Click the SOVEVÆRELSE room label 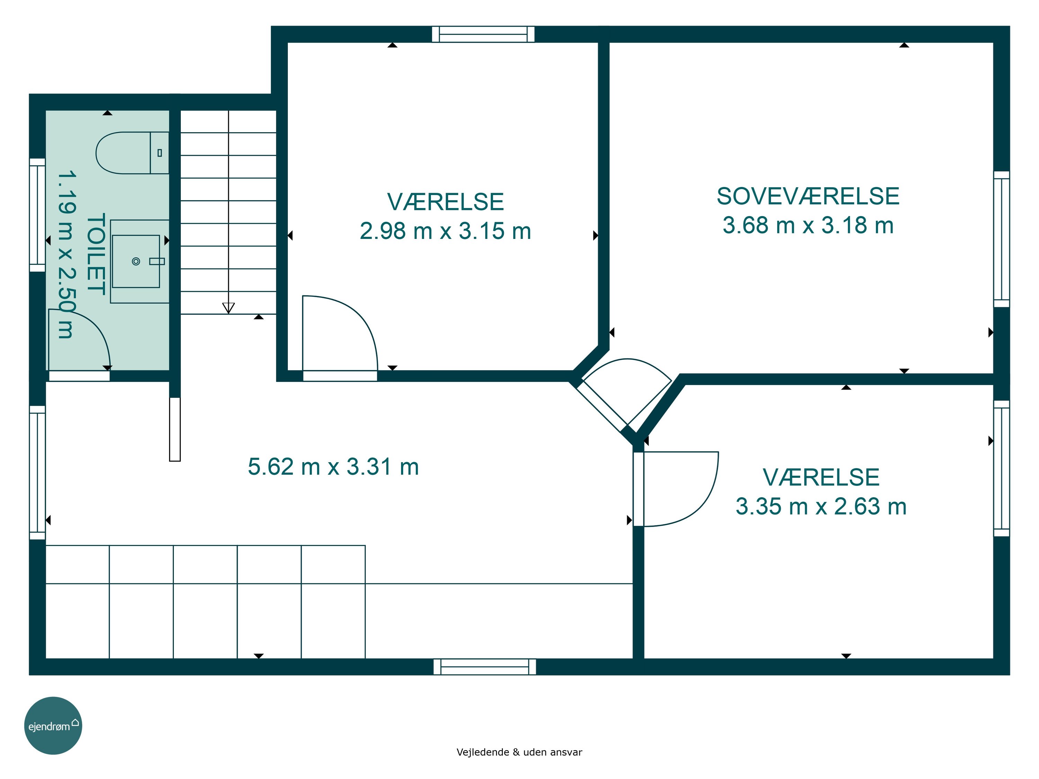808,196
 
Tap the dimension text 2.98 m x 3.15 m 445,231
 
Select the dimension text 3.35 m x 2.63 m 821,507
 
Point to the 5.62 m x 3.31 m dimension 334,467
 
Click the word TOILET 96,254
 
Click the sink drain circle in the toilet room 136,261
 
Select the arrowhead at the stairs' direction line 228,308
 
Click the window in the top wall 483,34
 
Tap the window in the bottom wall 485,667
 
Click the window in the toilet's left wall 37,215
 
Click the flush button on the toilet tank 160,153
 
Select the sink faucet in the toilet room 157,261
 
